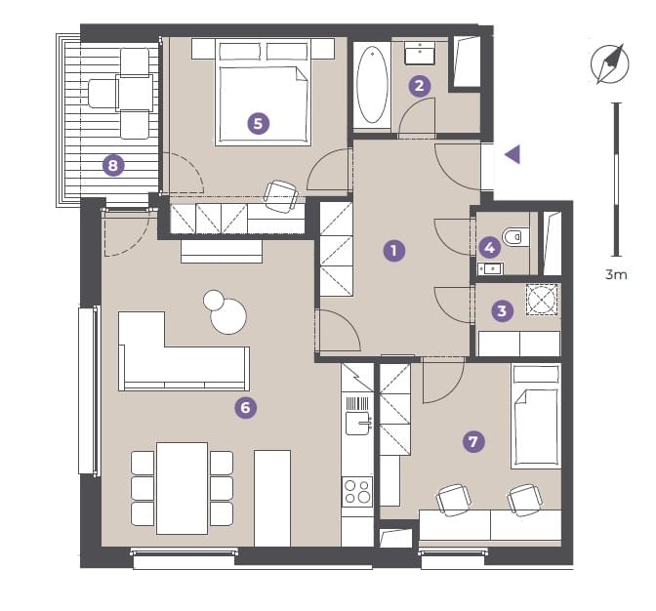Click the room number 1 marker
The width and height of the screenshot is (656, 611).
coord(394,251)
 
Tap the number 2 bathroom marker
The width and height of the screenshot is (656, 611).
coord(420,86)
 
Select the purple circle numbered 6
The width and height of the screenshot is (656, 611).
coord(246,407)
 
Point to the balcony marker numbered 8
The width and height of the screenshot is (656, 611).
coord(113,165)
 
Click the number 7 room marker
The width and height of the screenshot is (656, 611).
coord(473,441)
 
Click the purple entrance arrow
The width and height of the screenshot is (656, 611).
coord(512,155)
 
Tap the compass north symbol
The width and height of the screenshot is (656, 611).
coord(610,64)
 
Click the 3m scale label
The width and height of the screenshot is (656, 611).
coord(616,274)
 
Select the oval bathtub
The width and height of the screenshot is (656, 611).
coord(372,85)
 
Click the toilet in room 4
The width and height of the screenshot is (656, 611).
coord(516,237)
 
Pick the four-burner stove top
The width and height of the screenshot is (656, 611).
coord(357,491)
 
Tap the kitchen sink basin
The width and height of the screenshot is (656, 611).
coord(357,424)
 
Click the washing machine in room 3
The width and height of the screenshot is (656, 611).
coord(543,299)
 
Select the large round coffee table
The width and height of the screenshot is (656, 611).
coord(228,315)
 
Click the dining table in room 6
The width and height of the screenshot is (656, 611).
coord(183,488)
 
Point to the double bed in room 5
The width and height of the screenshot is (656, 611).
coord(264,93)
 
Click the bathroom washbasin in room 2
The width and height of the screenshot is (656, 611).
coord(420,53)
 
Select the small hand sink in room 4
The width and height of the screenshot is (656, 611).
coord(490,268)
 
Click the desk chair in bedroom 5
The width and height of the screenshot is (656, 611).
coord(281,196)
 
